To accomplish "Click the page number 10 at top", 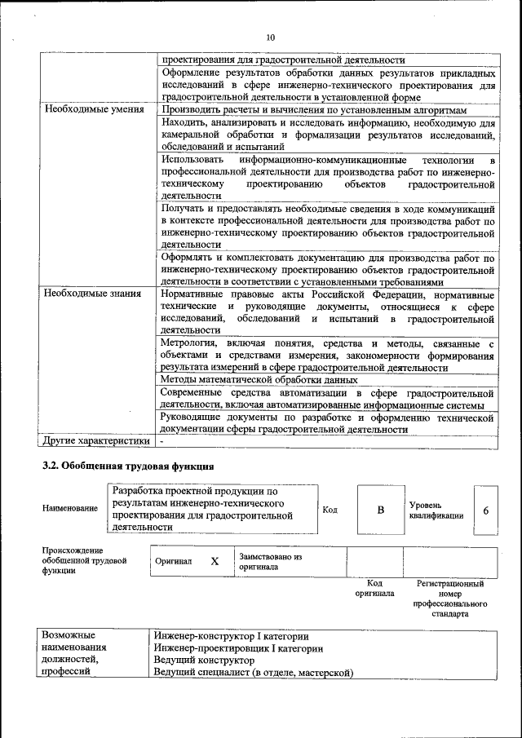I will point(271,37).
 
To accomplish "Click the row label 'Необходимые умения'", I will point(95,109).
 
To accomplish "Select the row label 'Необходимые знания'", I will point(93,293).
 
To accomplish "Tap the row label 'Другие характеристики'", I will point(98,441).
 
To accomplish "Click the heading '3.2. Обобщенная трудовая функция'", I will point(128,466).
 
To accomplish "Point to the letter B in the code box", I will point(380,510).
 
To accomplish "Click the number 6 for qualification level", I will point(485,510).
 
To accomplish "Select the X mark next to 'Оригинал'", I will point(215,561).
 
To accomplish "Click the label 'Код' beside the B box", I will point(330,510).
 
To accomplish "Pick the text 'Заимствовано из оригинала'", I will point(270,561).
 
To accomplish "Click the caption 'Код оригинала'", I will point(374,589).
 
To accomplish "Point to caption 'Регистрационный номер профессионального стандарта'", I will point(450,599).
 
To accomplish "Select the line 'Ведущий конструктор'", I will point(200,661).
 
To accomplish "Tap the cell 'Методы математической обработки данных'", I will point(259,380).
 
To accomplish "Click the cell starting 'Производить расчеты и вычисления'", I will point(314,109).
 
